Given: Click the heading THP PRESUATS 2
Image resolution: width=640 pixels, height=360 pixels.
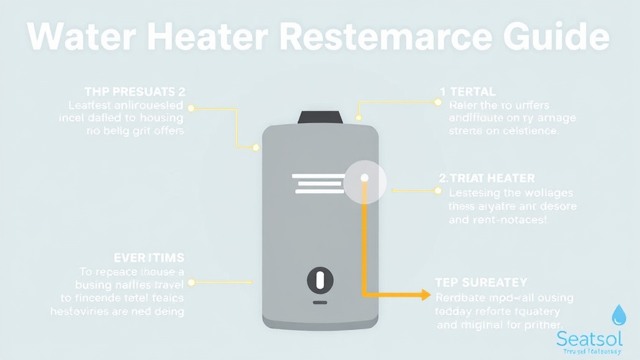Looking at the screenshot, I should pyautogui.click(x=135, y=91).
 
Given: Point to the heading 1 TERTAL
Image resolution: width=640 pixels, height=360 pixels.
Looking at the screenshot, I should pyautogui.click(x=467, y=92).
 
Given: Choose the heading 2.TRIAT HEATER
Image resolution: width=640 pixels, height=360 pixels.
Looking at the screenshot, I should pyautogui.click(x=487, y=179).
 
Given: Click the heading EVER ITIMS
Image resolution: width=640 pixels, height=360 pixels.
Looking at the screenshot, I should pyautogui.click(x=149, y=257).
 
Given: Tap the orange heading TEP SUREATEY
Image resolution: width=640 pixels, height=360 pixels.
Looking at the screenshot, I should pyautogui.click(x=481, y=282).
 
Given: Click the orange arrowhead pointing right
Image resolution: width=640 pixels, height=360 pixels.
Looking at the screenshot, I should pyautogui.click(x=425, y=294).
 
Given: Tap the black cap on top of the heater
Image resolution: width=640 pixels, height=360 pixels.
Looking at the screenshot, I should pyautogui.click(x=321, y=117).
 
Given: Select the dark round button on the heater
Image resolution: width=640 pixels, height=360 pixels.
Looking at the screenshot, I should pyautogui.click(x=320, y=279).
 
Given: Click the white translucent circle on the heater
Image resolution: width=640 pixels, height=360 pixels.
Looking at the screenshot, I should pyautogui.click(x=365, y=181).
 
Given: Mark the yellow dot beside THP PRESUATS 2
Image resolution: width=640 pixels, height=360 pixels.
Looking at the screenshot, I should pyautogui.click(x=191, y=108).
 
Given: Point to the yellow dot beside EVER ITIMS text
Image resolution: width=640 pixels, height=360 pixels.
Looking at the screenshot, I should pyautogui.click(x=191, y=282).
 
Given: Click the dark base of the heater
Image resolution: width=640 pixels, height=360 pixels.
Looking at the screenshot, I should pyautogui.click(x=320, y=321).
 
